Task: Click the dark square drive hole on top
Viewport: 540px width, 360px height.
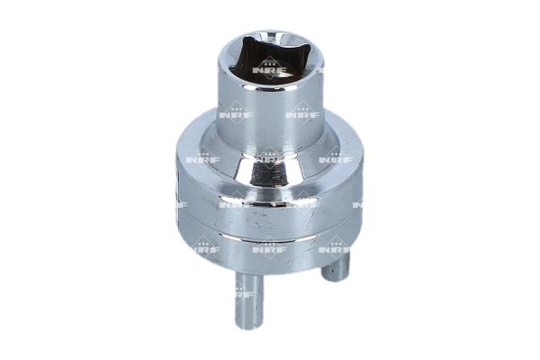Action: [x=269, y=61]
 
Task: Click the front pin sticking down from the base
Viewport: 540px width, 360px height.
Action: [x=249, y=299]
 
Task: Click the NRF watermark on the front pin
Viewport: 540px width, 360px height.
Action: [x=245, y=295]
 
